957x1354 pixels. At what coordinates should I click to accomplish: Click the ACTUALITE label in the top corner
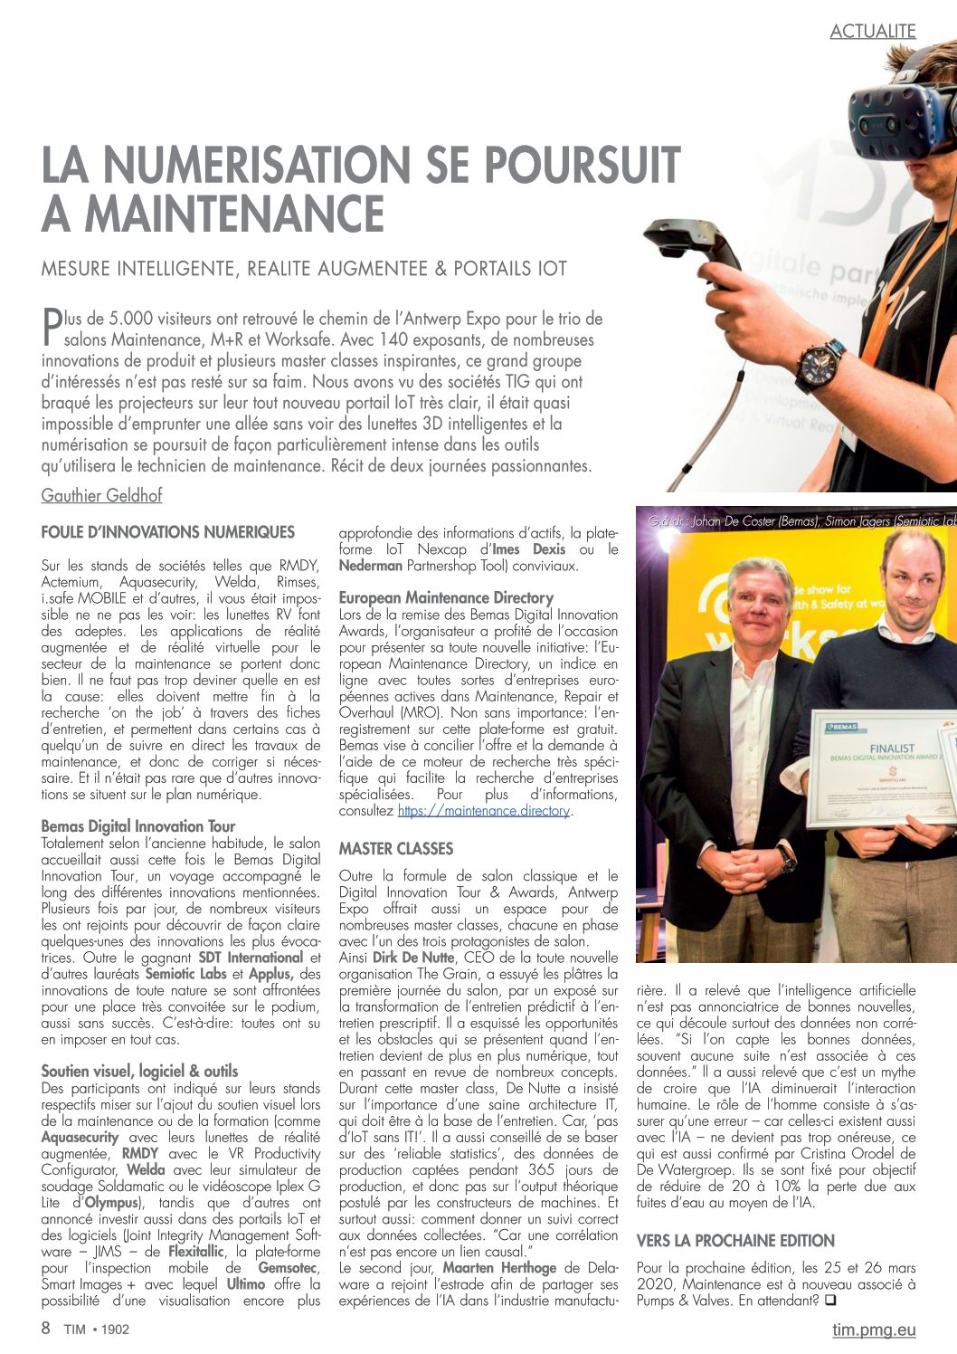[x=872, y=31]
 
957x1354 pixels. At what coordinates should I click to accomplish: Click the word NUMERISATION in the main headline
[x=256, y=166]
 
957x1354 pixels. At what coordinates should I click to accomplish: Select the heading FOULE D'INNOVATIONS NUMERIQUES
[x=168, y=532]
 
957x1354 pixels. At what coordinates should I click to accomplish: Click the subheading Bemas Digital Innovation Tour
[x=138, y=825]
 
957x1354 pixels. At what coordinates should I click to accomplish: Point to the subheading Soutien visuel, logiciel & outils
[x=140, y=1071]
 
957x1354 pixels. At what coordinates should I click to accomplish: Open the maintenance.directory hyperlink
[x=483, y=811]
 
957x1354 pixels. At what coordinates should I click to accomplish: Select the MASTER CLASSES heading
[x=396, y=849]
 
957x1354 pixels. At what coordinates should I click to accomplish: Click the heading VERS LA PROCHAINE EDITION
[x=735, y=1240]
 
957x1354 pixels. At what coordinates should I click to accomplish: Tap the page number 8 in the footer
[x=46, y=1329]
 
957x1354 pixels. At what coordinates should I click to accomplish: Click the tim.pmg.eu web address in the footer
[x=873, y=1330]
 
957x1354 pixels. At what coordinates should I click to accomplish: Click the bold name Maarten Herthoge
[x=498, y=1267]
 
